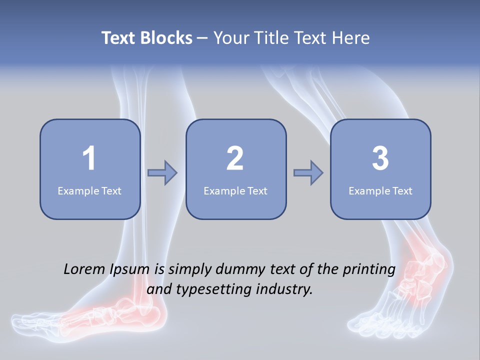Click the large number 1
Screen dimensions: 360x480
(89, 158)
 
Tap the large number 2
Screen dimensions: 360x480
(235, 158)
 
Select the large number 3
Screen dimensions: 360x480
(380, 158)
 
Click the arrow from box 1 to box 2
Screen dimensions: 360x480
(163, 173)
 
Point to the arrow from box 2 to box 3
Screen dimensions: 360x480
(308, 173)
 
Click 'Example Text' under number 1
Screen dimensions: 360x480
(89, 190)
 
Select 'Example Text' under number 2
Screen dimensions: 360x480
(235, 190)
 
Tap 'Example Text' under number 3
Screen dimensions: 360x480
(380, 190)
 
